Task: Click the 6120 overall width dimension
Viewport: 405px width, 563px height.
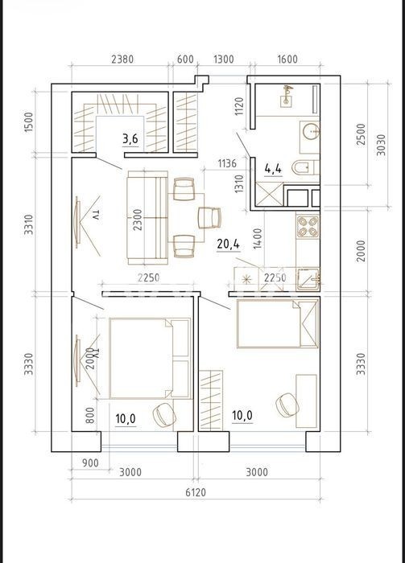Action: click(196, 492)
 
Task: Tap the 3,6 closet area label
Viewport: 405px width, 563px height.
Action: click(130, 138)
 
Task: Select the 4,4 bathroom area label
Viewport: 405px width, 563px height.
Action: click(273, 168)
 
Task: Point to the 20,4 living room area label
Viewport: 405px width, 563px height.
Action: click(228, 245)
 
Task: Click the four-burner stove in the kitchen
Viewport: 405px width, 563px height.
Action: click(308, 227)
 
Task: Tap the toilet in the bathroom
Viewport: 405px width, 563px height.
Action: click(304, 167)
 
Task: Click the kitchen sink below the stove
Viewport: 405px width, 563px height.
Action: click(308, 279)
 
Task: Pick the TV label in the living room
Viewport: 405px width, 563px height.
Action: click(95, 216)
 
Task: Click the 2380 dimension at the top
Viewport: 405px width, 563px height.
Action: click(122, 59)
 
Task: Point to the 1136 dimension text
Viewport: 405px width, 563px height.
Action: click(227, 163)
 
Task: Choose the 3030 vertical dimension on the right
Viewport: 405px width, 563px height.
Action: click(381, 145)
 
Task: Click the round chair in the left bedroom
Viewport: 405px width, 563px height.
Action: click(165, 414)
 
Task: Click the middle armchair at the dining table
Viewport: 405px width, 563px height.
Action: click(210, 218)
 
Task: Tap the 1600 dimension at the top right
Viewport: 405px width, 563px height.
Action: click(287, 59)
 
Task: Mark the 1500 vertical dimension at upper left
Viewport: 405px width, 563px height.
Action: click(28, 122)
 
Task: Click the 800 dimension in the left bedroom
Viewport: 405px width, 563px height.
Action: click(90, 415)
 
